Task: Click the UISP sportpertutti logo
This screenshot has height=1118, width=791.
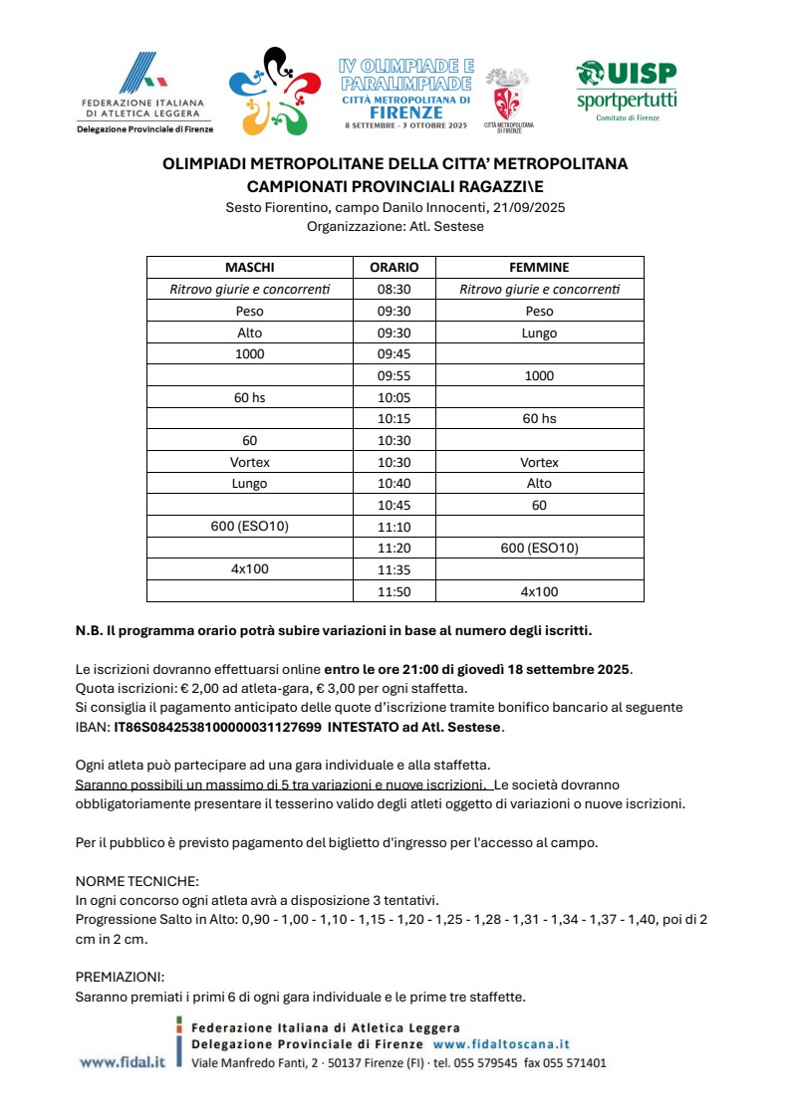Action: pos(627,90)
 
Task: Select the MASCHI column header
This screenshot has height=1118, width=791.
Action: pos(250,268)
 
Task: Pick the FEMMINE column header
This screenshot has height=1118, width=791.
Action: pos(539,268)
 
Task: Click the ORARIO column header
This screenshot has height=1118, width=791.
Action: pos(395,268)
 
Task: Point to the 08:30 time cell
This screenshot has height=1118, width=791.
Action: pos(395,290)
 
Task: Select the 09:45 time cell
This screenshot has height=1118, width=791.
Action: pos(395,354)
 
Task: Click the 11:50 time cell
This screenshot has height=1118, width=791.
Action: pos(395,591)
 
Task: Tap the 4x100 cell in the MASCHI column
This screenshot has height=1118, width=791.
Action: pos(250,569)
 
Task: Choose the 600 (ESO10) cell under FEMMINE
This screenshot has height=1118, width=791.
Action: pos(539,548)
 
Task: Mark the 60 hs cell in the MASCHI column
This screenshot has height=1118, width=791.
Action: pos(250,397)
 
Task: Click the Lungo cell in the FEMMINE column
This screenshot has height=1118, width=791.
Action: pos(539,333)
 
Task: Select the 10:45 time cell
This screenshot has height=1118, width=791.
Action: pos(395,505)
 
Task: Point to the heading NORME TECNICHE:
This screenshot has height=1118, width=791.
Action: pos(137,881)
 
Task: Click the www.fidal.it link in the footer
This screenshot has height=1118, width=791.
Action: pos(122,1062)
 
